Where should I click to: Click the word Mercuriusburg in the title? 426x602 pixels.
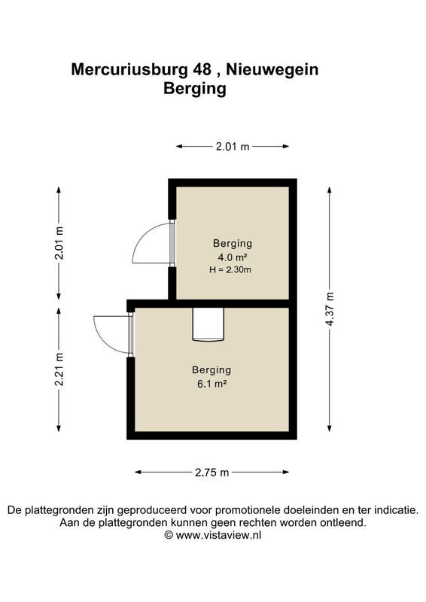(128, 70)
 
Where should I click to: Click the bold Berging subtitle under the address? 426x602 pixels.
(195, 88)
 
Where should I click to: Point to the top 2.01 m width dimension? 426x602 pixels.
(232, 147)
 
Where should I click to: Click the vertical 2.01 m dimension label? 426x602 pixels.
(59, 242)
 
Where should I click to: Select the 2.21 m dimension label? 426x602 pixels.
(59, 369)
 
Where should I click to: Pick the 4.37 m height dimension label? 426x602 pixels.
(329, 310)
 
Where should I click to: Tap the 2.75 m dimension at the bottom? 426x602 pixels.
(211, 473)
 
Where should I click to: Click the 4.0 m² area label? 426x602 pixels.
(232, 257)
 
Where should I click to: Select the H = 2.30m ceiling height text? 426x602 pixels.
(231, 269)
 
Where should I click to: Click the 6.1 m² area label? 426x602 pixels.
(211, 383)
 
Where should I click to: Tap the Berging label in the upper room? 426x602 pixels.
(232, 243)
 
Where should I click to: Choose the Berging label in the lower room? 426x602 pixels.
(211, 369)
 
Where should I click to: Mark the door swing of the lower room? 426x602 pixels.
(112, 333)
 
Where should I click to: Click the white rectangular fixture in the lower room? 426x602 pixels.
(208, 324)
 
